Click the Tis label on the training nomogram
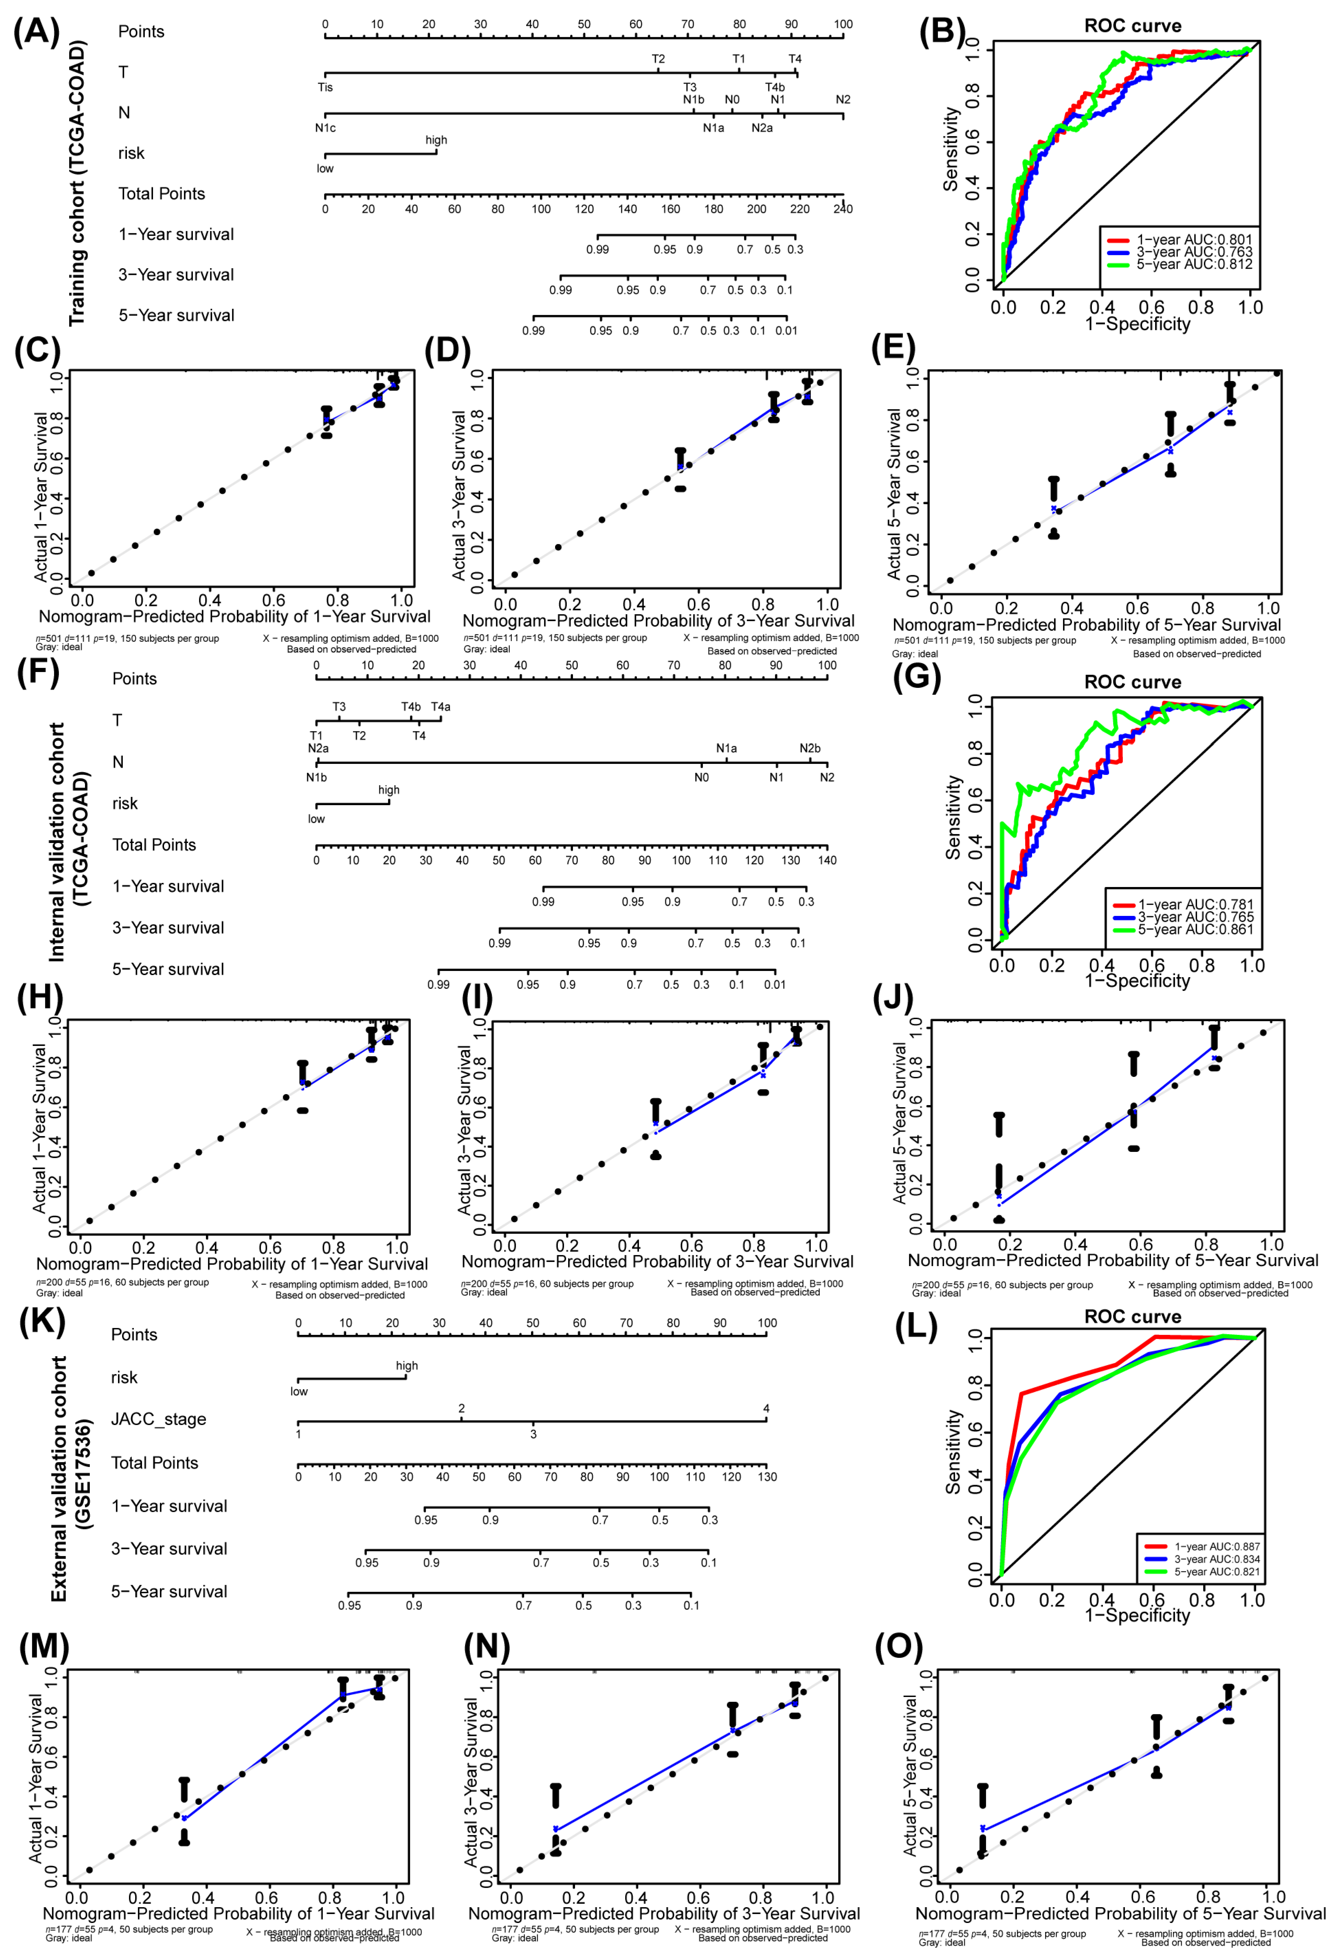(x=325, y=87)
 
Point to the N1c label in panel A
(x=325, y=128)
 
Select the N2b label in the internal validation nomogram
(x=810, y=748)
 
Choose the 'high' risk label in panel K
(x=406, y=1365)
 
